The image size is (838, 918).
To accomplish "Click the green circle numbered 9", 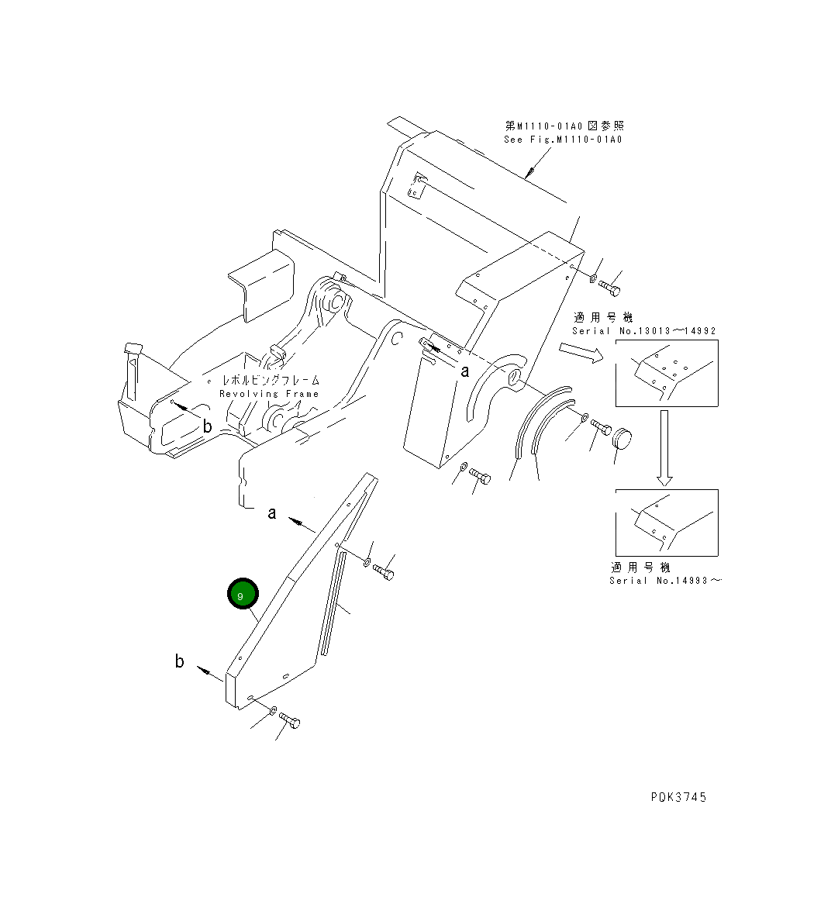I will coord(242,595).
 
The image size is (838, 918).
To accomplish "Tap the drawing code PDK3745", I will coord(678,797).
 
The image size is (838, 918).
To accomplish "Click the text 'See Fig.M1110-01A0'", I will coord(563,140).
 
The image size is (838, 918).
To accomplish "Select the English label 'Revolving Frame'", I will coord(269,394).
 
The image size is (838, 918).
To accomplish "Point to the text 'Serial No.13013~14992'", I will coord(643,331).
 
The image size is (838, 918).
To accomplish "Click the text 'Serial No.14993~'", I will coord(664,580).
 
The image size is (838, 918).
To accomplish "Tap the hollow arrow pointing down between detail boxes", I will coord(665,447).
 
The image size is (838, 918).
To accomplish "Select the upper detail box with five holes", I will coord(667,373).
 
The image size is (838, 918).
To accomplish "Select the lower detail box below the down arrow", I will coord(667,522).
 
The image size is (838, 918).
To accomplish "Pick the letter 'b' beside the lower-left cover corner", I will coord(179,661).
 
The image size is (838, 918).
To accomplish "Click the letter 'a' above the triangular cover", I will coord(272,513).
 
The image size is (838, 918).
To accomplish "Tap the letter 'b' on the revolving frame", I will coord(207,426).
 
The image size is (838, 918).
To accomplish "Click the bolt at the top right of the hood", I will coord(610,288).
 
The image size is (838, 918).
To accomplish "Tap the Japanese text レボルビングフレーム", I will coord(271,381).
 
